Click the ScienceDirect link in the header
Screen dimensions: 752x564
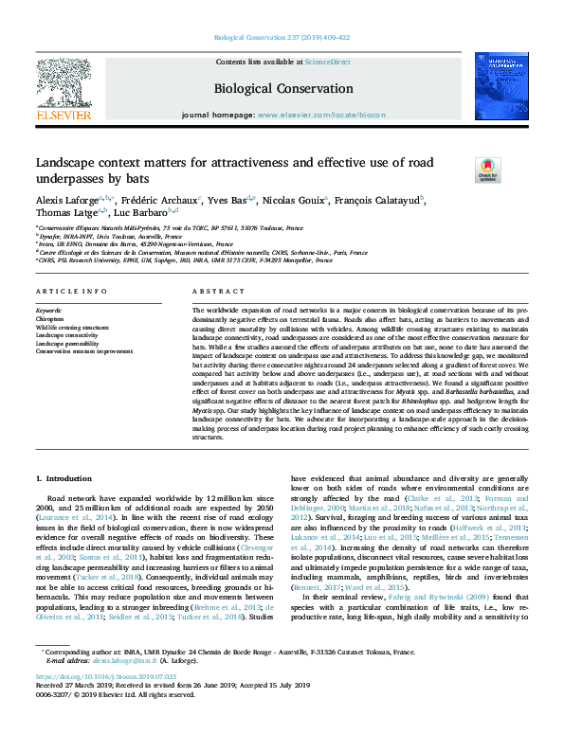(x=326, y=62)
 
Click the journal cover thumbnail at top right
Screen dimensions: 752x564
(x=502, y=88)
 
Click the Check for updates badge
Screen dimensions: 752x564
(x=461, y=170)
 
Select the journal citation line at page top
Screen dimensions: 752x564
(x=282, y=38)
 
